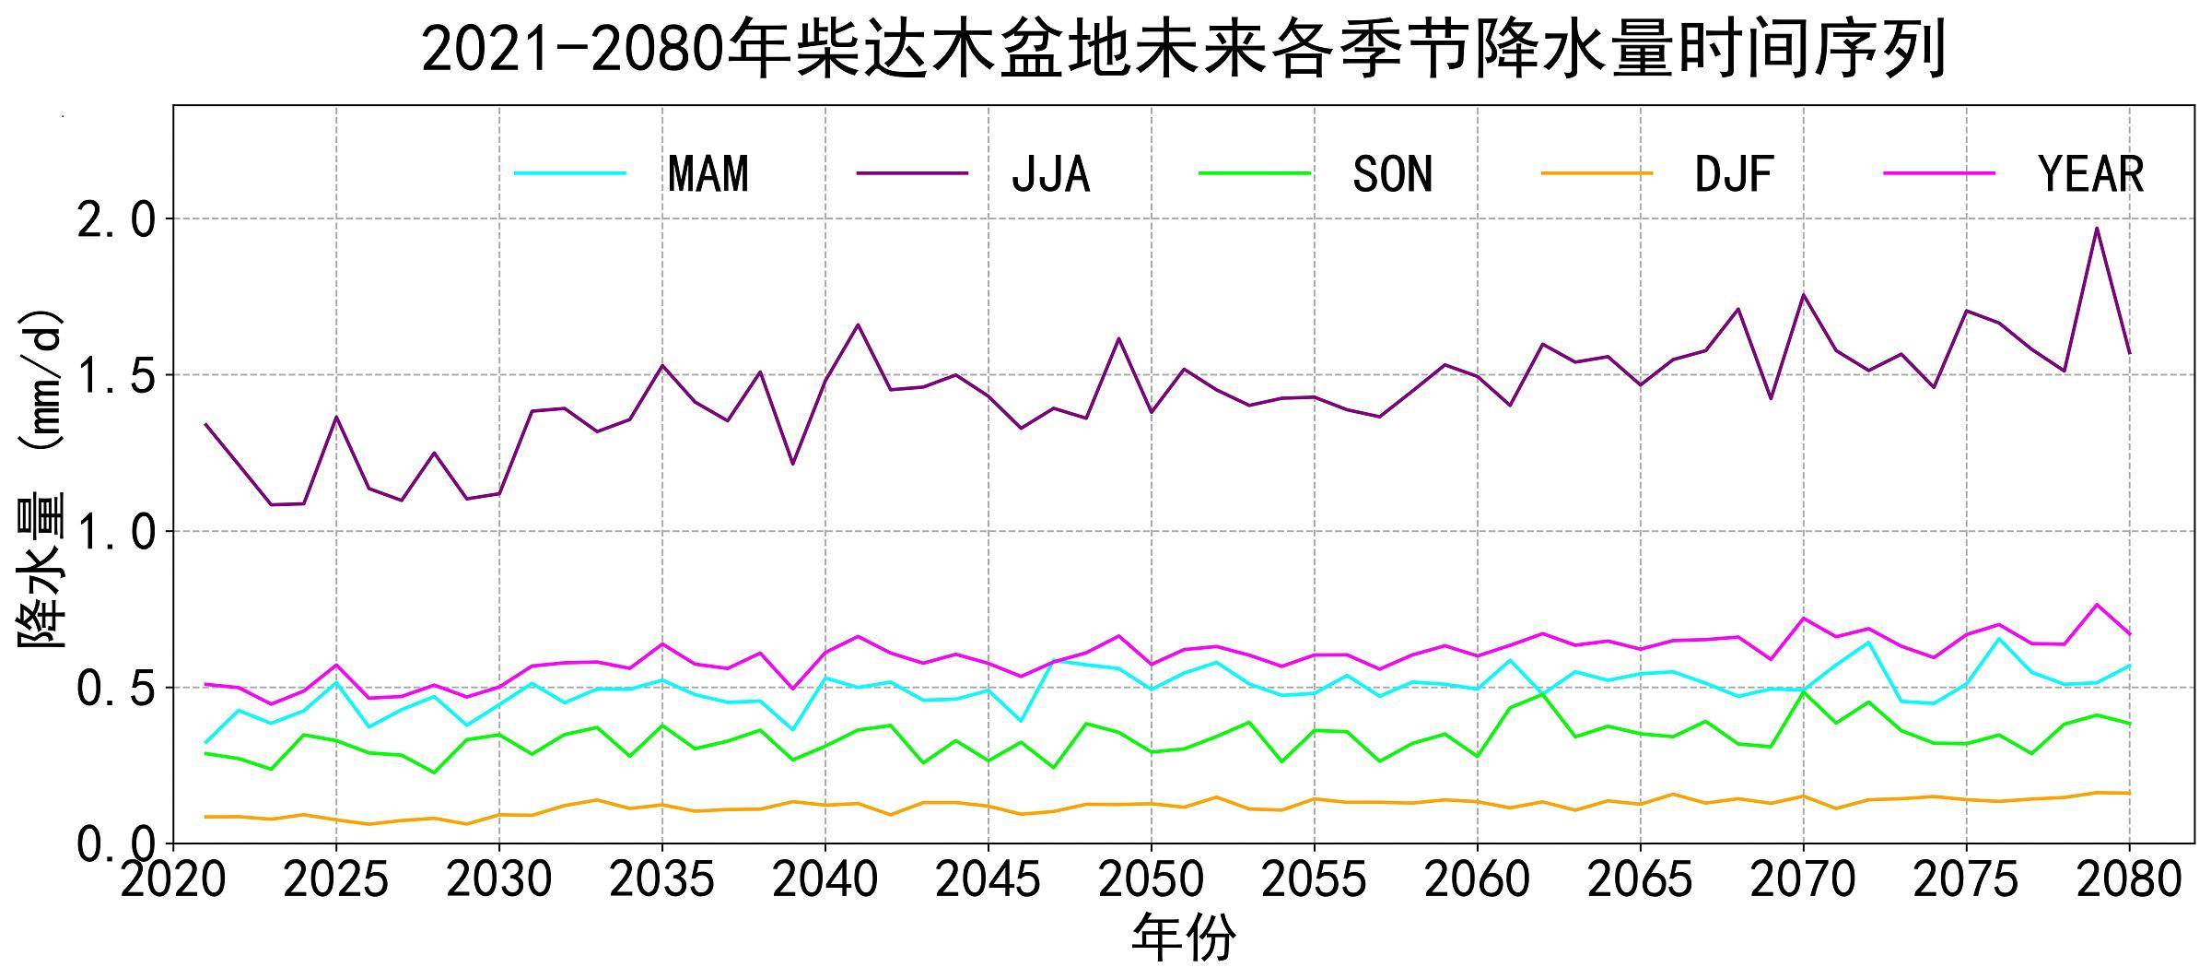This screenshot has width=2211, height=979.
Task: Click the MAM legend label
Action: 708,173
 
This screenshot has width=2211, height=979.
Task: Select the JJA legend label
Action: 1050,173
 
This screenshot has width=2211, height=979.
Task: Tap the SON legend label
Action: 1392,173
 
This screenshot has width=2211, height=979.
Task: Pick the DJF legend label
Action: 1734,173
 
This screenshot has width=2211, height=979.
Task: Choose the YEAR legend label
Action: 2091,173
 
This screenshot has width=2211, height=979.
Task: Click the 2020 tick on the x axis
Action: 173,880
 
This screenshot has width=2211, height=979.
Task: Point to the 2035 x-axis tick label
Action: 661,880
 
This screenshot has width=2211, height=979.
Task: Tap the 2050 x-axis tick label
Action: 1151,880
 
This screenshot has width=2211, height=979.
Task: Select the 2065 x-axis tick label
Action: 1640,880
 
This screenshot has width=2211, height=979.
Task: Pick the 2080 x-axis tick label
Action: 2129,880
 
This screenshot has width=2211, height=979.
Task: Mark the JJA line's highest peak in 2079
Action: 2097,228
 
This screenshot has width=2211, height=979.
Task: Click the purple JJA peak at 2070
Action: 1803,295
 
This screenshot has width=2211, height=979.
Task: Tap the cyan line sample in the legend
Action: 570,173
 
